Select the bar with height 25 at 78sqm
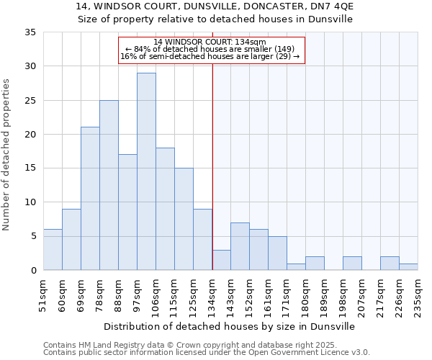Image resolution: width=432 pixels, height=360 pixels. click(x=109, y=185)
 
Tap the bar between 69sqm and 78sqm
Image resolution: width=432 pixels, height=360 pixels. click(x=90, y=199)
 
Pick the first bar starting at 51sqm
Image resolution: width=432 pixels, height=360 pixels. click(x=53, y=250)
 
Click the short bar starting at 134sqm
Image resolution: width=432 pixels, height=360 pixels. click(x=221, y=260)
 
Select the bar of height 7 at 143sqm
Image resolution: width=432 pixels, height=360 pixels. click(x=240, y=246)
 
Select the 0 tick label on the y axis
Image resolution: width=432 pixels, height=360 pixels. click(x=32, y=271)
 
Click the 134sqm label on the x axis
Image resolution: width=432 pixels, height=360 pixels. click(x=212, y=294)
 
